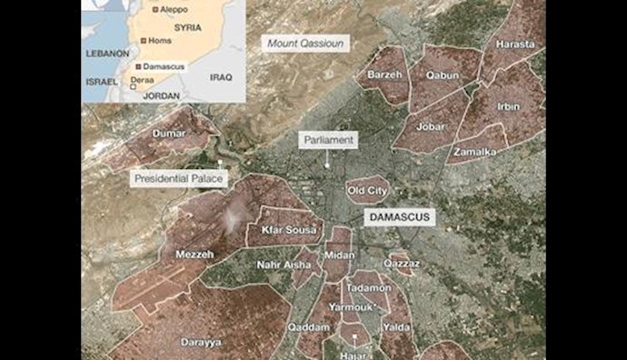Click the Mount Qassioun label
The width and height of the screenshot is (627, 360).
(305, 43)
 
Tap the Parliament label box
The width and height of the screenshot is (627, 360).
(328, 140)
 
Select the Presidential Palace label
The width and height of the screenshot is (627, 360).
(179, 178)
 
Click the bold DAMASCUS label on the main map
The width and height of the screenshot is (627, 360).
(399, 218)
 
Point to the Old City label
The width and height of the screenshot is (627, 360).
(367, 191)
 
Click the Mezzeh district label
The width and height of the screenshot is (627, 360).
(194, 255)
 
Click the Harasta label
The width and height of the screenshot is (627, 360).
(515, 44)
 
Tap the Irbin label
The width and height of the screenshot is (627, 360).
(508, 106)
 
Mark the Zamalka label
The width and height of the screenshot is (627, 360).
(474, 152)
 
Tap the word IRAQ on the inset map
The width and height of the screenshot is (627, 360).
(221, 77)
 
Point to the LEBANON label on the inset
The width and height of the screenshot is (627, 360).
(107, 54)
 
